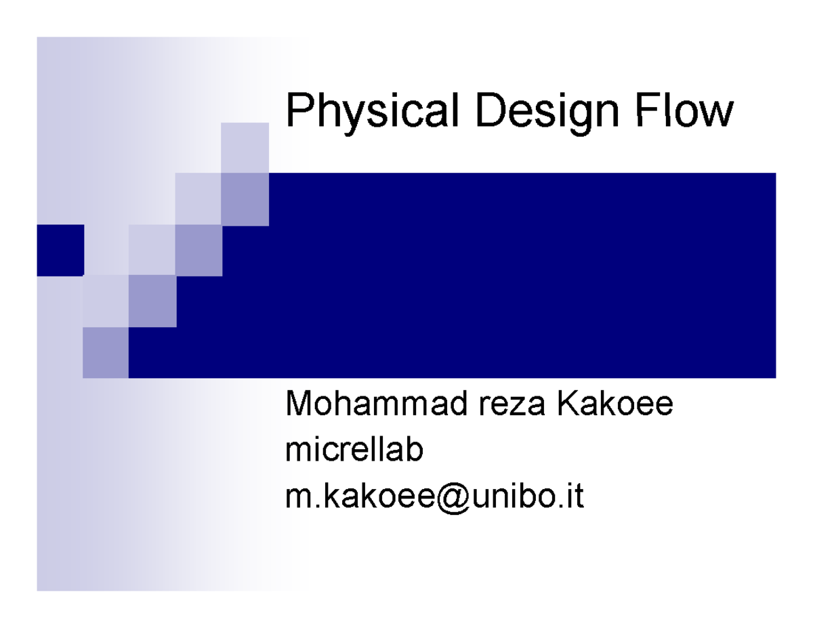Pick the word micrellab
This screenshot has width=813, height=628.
tap(354, 451)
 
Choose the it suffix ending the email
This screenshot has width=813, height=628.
tap(575, 497)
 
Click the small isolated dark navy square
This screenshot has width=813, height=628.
tap(60, 250)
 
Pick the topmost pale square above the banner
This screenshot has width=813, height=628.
tap(245, 148)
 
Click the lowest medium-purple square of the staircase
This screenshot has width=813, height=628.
tap(105, 352)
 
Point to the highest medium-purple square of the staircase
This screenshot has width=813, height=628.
tap(245, 198)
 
